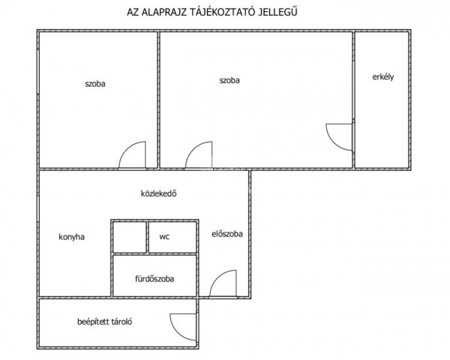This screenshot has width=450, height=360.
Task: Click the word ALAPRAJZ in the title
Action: click(x=165, y=12)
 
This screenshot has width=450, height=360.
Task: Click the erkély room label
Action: click(x=382, y=77)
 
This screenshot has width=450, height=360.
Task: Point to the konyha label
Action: click(x=71, y=237)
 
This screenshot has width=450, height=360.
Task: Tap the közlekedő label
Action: click(x=158, y=193)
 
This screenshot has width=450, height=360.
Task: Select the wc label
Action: click(x=164, y=237)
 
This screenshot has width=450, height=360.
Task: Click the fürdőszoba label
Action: click(x=154, y=279)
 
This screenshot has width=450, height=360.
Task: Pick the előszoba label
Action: click(x=227, y=234)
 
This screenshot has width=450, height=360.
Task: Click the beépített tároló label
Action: click(x=105, y=322)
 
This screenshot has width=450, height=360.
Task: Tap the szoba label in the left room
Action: click(x=95, y=84)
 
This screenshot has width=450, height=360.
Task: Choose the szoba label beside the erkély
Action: click(x=229, y=80)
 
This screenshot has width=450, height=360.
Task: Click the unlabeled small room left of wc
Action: click(x=130, y=237)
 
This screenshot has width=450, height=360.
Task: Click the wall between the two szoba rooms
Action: click(x=158, y=100)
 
